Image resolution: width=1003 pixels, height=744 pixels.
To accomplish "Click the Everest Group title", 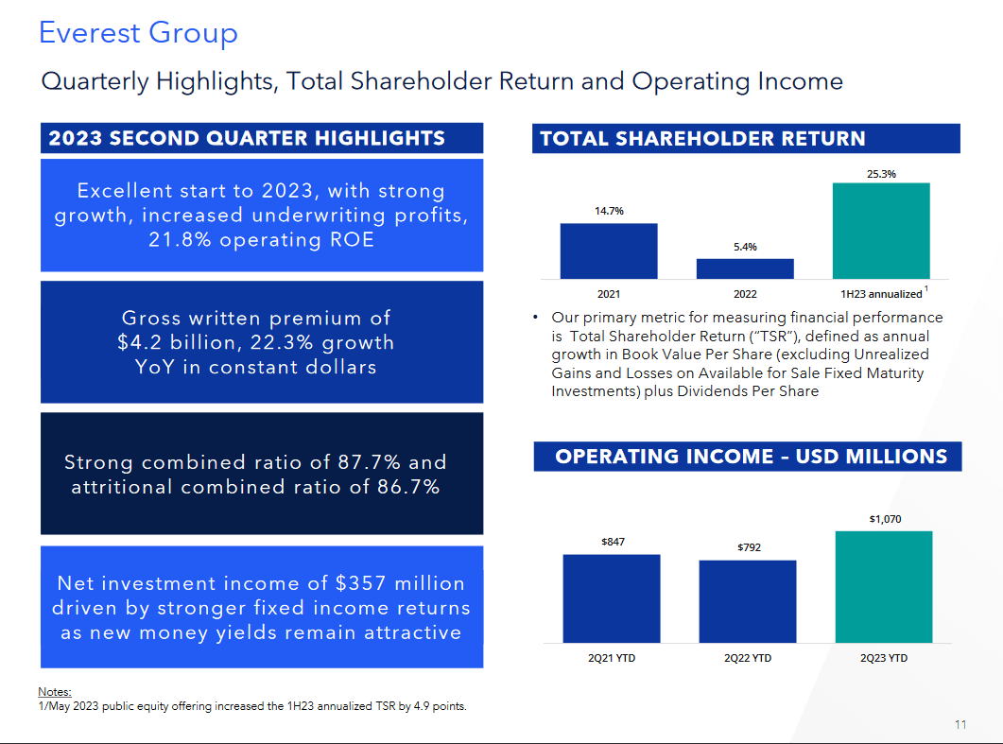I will coord(138,33).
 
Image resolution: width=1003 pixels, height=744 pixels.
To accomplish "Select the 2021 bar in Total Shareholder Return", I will coord(608,251).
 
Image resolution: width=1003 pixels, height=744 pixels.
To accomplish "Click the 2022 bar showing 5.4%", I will coord(745,268).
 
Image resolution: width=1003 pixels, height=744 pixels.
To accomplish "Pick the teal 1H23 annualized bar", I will coord(881,231).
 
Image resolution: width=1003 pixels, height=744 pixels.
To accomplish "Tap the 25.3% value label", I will coord(881,174).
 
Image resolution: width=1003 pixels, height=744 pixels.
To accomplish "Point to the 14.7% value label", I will coord(609,212).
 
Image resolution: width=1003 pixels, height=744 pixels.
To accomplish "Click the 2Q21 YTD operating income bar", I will coord(611,598).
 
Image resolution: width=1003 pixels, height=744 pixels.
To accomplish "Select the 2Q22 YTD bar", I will coord(747,601).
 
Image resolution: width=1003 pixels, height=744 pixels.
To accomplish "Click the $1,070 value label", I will coord(885,519).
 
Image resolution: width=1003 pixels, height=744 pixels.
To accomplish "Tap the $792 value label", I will coord(748,547).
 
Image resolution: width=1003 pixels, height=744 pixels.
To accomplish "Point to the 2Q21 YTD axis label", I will coord(612,658).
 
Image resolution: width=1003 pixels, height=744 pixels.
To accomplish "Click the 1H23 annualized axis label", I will coord(880,294).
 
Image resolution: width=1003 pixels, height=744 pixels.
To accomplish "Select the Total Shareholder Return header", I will coord(702,139).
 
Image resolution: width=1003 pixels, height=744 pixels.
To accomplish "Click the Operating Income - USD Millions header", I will coord(751,457).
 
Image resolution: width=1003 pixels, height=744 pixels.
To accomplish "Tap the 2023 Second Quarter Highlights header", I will coord(247,138).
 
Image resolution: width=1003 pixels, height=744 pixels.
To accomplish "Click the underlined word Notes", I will coord(55,692).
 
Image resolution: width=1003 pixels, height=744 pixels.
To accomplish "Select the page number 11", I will coord(960,725).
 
